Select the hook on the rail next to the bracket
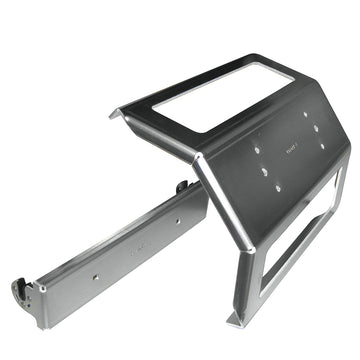(182, 186)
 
